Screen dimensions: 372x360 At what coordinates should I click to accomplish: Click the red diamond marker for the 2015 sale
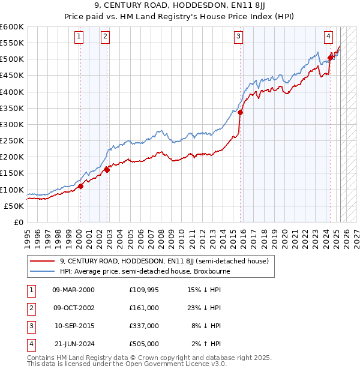(x=241, y=112)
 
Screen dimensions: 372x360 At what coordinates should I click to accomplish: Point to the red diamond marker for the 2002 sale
(x=107, y=170)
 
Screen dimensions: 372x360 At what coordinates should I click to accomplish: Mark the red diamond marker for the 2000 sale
(x=80, y=186)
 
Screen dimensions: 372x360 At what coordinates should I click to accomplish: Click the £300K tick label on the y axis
(x=11, y=124)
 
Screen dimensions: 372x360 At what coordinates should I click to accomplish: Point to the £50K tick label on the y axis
(x=14, y=206)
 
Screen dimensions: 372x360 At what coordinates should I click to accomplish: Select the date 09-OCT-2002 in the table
(x=73, y=308)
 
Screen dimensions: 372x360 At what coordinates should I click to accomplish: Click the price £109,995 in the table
(x=144, y=290)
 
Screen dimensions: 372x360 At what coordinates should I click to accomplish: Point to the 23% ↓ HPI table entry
(x=204, y=308)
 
